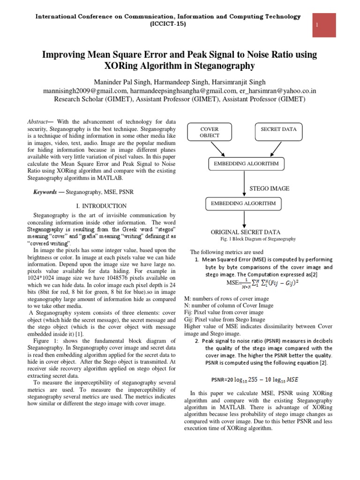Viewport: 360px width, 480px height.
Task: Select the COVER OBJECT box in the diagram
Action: pos(209,132)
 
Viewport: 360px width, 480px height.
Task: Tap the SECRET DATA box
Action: pos(278,129)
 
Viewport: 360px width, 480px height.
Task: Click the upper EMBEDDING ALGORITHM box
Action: pos(246,164)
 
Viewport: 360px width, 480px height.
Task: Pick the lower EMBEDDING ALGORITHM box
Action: pos(244,204)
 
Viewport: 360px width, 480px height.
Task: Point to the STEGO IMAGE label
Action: pos(269,188)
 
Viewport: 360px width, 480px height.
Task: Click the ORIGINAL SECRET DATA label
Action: pos(245,232)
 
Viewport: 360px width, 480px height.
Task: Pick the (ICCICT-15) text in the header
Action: pos(168,24)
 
